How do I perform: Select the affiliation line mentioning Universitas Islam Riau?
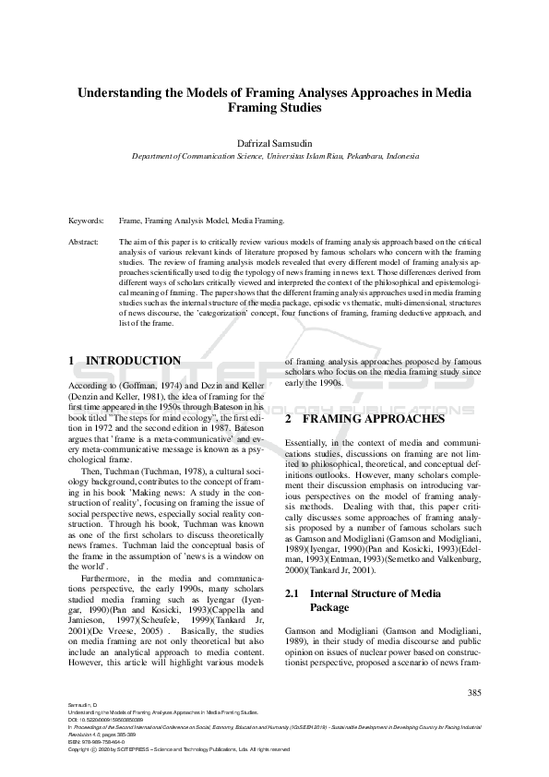[274, 157]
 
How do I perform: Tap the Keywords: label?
[87, 221]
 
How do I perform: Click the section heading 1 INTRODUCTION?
[125, 360]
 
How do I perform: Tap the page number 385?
[475, 692]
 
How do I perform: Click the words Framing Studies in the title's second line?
[274, 108]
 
